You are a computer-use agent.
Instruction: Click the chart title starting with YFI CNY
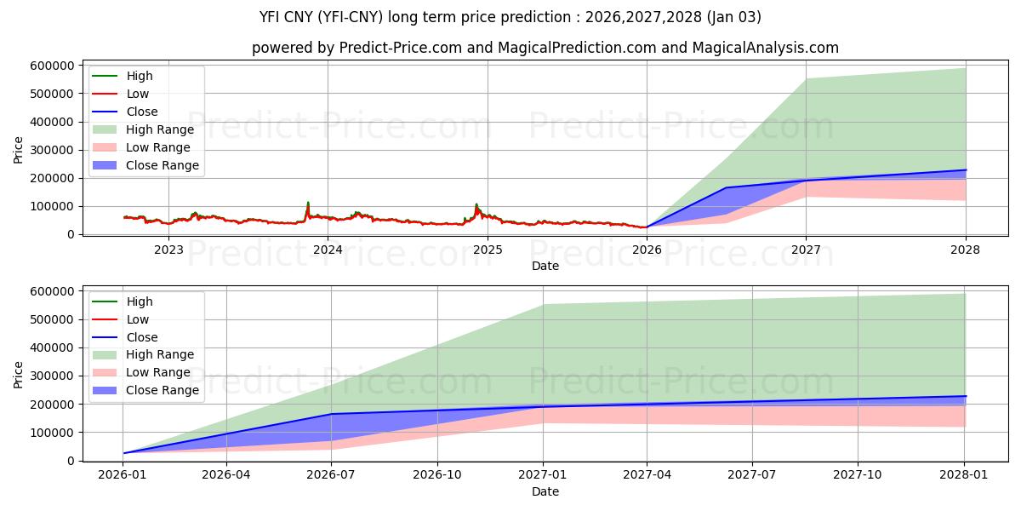click(510, 17)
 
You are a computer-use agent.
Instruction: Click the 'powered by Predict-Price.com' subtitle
click(545, 48)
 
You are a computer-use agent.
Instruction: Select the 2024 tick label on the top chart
click(328, 249)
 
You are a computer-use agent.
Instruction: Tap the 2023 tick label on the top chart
click(168, 249)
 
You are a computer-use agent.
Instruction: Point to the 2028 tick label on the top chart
click(965, 249)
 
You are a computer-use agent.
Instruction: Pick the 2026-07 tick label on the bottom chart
click(331, 475)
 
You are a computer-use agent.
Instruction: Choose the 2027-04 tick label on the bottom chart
click(647, 475)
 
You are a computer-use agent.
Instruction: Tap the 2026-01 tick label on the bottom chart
click(123, 475)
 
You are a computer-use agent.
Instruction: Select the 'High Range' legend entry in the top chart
click(160, 129)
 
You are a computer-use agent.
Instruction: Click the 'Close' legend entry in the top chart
click(142, 112)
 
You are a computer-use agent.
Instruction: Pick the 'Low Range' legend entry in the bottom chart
click(158, 372)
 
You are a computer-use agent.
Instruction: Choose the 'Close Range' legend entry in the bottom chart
click(163, 390)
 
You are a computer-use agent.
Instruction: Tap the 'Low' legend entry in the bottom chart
click(138, 319)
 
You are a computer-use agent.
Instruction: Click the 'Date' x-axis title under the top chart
click(545, 266)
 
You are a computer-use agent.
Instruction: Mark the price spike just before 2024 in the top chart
click(308, 204)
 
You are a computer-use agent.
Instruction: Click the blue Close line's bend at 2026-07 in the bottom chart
click(331, 414)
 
